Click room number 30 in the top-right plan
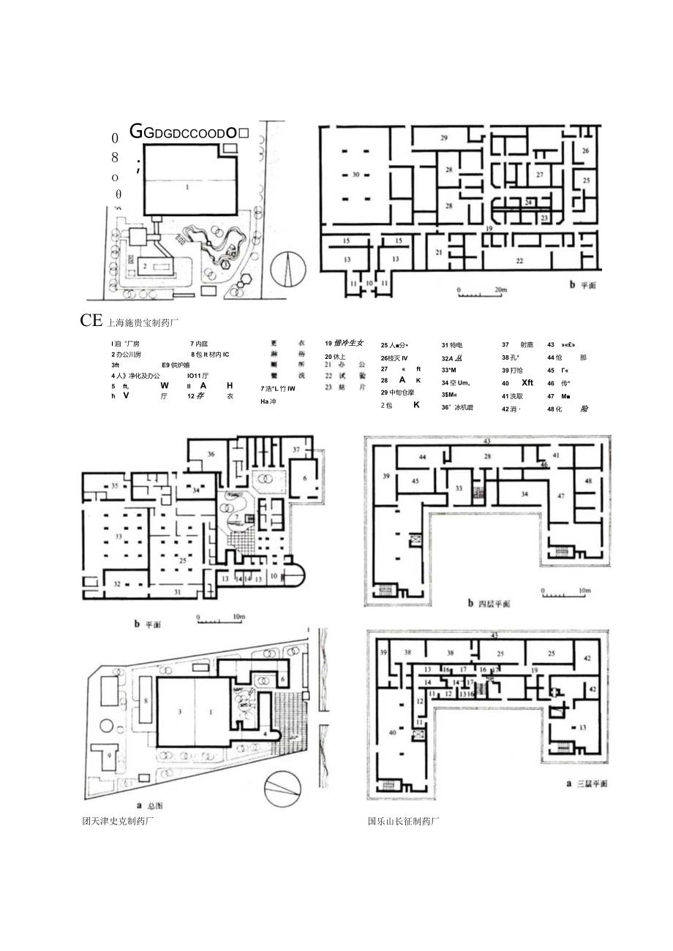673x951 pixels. point(356,175)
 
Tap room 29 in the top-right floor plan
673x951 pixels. point(443,137)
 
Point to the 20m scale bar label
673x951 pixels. point(500,289)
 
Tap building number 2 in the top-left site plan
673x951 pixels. point(146,265)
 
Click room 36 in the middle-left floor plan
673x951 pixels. point(211,454)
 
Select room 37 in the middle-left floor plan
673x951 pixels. point(296,449)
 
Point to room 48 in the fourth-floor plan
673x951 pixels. point(589,480)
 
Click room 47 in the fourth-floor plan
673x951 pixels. point(562,496)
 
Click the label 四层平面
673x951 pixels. point(489,605)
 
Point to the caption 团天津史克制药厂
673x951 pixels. point(119,820)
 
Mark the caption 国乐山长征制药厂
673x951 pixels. point(404,820)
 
